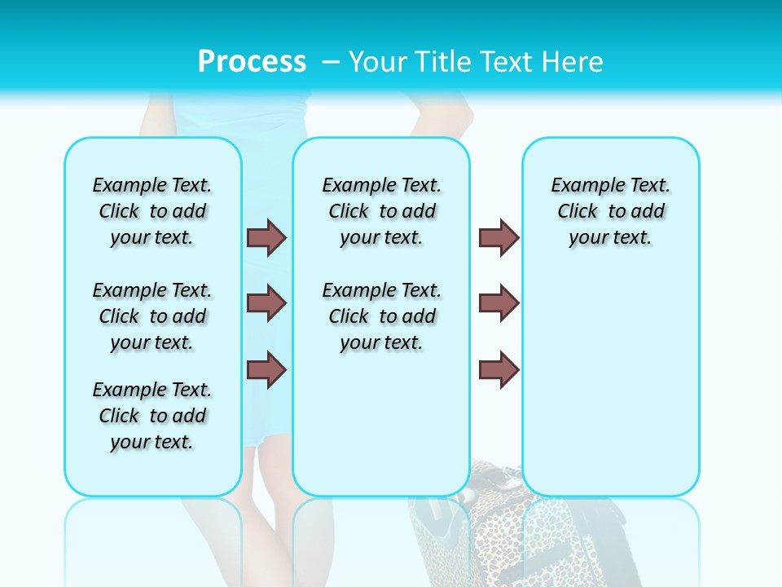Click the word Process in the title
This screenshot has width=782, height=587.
point(252,62)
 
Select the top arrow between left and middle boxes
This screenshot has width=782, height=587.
point(266,238)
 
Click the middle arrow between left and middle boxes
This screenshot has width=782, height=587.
point(266,303)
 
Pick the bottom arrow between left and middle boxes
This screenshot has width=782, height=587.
point(266,369)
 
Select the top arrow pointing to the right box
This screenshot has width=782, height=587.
point(499,238)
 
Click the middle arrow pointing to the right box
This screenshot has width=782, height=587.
point(499,303)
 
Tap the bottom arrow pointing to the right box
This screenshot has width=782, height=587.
point(499,369)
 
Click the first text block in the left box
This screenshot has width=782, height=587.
point(152,211)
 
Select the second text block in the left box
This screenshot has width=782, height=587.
point(152,316)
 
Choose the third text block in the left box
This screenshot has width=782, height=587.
point(152,416)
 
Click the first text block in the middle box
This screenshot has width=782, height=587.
point(381,211)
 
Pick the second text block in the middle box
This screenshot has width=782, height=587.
point(381,316)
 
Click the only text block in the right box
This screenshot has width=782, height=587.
point(610,211)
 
